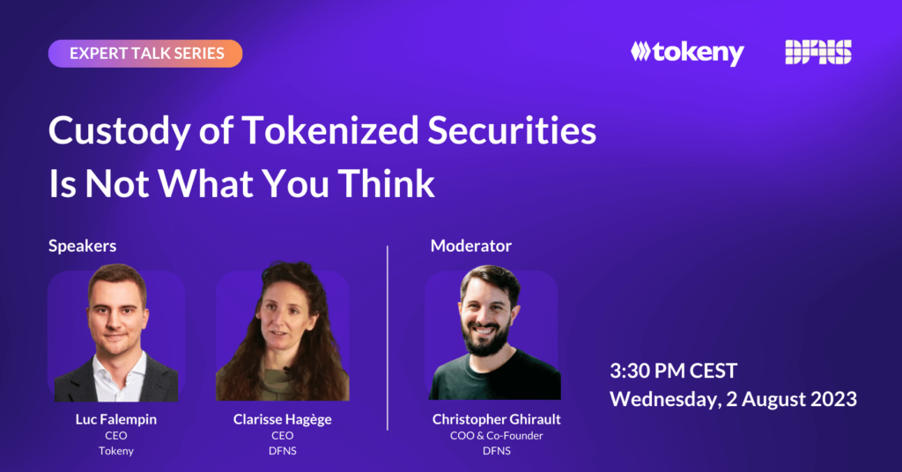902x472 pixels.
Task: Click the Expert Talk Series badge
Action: click(x=145, y=54)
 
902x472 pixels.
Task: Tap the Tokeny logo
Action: click(x=687, y=53)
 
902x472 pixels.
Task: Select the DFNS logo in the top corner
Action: click(x=818, y=52)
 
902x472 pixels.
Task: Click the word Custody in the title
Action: click(x=120, y=131)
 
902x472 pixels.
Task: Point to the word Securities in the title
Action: click(x=512, y=130)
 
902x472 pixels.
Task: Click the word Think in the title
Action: click(x=386, y=183)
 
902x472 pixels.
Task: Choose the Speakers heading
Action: click(x=82, y=246)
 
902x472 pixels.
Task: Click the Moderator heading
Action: click(x=471, y=246)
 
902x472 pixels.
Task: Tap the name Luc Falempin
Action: click(x=116, y=419)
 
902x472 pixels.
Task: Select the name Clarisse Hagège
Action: click(x=283, y=419)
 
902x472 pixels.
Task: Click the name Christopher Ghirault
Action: click(x=497, y=419)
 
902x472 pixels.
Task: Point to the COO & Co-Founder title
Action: click(x=497, y=436)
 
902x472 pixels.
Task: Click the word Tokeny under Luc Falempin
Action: click(x=116, y=451)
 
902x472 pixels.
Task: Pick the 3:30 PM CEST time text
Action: click(x=673, y=371)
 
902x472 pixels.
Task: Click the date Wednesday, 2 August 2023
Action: click(x=734, y=399)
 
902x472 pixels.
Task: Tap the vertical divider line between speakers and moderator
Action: click(x=388, y=338)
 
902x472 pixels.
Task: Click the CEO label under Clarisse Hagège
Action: click(x=283, y=436)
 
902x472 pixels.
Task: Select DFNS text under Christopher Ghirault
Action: click(x=497, y=451)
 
